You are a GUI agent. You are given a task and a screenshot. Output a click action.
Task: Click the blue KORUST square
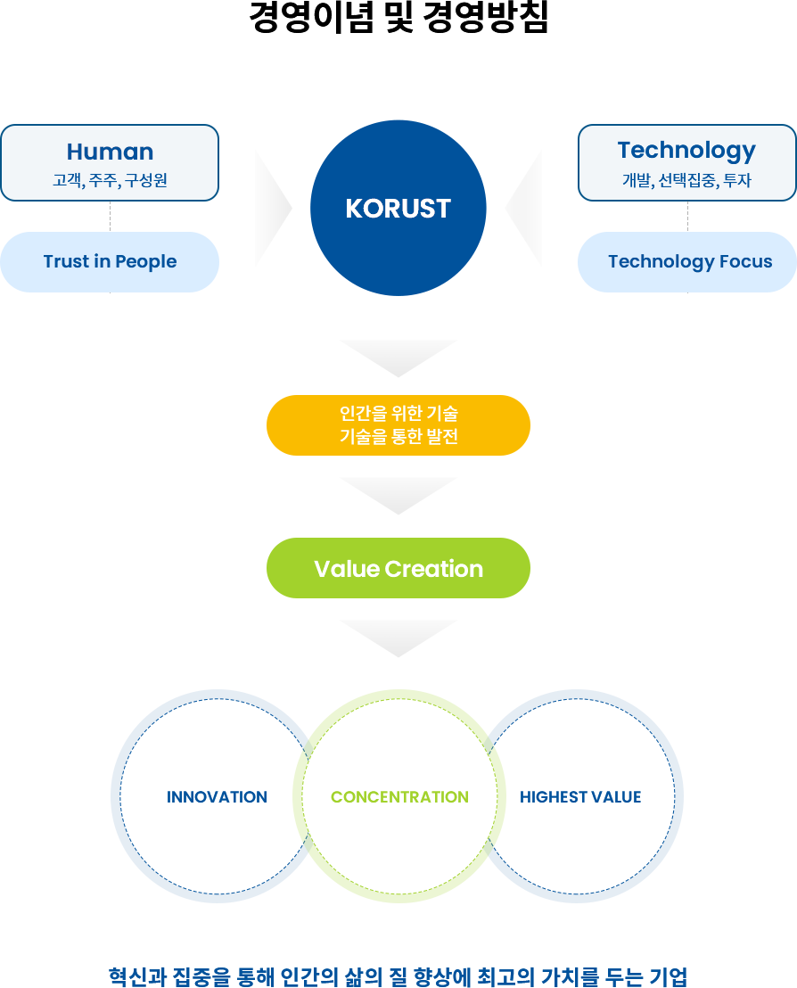(x=398, y=208)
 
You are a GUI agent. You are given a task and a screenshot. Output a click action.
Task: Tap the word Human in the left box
(x=110, y=152)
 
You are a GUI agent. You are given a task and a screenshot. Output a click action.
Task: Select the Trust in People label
(x=110, y=261)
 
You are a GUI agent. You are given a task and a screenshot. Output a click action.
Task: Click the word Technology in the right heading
(x=686, y=150)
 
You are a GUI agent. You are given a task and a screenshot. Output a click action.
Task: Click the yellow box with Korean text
(x=398, y=424)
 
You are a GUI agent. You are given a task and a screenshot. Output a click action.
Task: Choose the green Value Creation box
(x=398, y=568)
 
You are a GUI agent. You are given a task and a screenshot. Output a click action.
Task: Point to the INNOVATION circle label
(x=217, y=797)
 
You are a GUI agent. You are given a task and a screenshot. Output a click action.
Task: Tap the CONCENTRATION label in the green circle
(x=399, y=797)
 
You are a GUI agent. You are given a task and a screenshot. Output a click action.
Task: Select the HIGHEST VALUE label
(x=580, y=797)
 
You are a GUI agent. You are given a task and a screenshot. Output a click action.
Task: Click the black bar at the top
(x=398, y=16)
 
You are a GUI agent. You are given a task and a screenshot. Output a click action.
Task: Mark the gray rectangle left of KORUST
(x=273, y=208)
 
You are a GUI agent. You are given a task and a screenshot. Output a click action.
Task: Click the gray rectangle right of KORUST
(x=522, y=208)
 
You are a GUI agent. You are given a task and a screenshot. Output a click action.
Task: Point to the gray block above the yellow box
(x=398, y=358)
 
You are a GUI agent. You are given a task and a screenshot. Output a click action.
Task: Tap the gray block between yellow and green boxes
(x=398, y=496)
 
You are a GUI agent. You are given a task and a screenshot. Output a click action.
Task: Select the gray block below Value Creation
(x=398, y=638)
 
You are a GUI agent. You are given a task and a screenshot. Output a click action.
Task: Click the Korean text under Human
(x=110, y=180)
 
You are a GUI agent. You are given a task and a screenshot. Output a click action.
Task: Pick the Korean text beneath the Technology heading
(x=686, y=180)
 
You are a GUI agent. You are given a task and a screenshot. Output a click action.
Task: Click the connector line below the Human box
(x=110, y=215)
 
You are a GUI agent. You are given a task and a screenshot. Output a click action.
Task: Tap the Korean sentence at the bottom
(x=398, y=976)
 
